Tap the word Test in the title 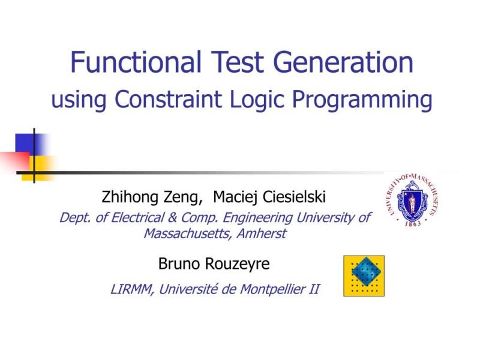click(x=237, y=62)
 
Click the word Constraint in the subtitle click(x=165, y=100)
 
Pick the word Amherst click(x=261, y=233)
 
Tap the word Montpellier click(x=273, y=289)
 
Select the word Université click(x=190, y=289)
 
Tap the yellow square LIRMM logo click(x=364, y=275)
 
